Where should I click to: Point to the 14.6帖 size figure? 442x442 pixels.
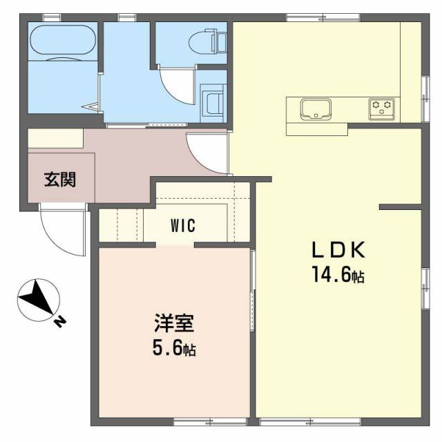(336, 276)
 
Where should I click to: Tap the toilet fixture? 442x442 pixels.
(213, 41)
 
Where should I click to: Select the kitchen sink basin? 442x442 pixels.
(315, 108)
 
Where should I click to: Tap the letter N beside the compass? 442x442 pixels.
(59, 320)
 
